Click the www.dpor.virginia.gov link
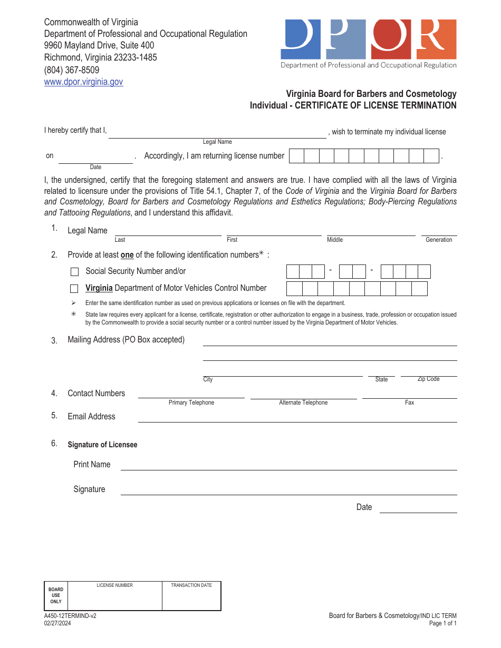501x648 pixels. pyautogui.click(x=83, y=82)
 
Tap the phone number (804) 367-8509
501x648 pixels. pyautogui.click(x=71, y=70)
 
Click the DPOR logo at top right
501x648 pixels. pyautogui.click(x=368, y=44)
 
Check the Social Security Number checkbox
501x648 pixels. pyautogui.click(x=75, y=272)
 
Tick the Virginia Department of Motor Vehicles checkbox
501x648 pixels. pyautogui.click(x=75, y=289)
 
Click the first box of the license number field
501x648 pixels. pyautogui.click(x=297, y=156)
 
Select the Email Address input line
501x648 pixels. pyautogui.click(x=297, y=417)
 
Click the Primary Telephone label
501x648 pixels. pyautogui.click(x=191, y=402)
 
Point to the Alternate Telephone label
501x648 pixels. pyautogui.click(x=303, y=402)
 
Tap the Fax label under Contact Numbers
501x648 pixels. pyautogui.click(x=409, y=402)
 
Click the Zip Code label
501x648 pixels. pyautogui.click(x=428, y=379)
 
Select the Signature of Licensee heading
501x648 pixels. pyautogui.click(x=102, y=445)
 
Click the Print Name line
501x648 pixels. pyautogui.click(x=288, y=465)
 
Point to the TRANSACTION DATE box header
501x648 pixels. pyautogui.click(x=191, y=585)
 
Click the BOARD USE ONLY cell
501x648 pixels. pyautogui.click(x=56, y=596)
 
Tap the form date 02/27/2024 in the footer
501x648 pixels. pyautogui.click(x=57, y=624)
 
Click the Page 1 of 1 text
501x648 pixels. pyautogui.click(x=442, y=624)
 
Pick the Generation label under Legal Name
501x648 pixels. pyautogui.click(x=439, y=240)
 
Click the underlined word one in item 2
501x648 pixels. pyautogui.click(x=127, y=255)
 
